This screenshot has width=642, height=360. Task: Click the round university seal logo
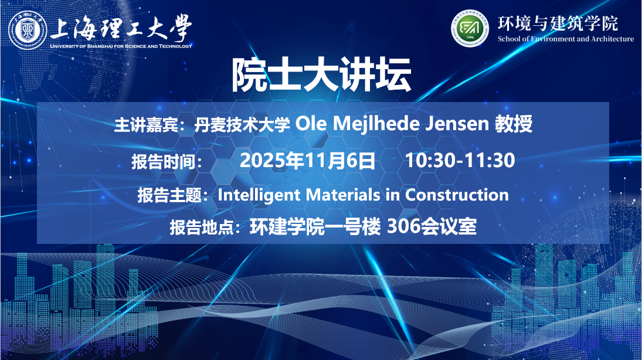tap(28, 30)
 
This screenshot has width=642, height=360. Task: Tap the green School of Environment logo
tap(470, 28)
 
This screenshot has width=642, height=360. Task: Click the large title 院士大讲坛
tap(321, 75)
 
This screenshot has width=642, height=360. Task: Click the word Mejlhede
tap(376, 124)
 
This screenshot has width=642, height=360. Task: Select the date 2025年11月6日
tap(307, 160)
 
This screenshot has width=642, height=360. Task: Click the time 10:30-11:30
tap(460, 160)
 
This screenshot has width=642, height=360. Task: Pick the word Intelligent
tap(259, 195)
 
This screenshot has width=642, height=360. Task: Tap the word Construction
tap(457, 195)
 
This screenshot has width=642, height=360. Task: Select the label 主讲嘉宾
tap(146, 124)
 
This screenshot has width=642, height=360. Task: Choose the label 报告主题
tap(169, 195)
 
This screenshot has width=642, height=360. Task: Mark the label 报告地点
tap(202, 227)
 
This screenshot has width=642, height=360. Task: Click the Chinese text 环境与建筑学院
tap(558, 23)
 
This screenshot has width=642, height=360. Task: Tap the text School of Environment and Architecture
tap(566, 39)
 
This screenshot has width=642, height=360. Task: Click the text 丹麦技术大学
tap(242, 124)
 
